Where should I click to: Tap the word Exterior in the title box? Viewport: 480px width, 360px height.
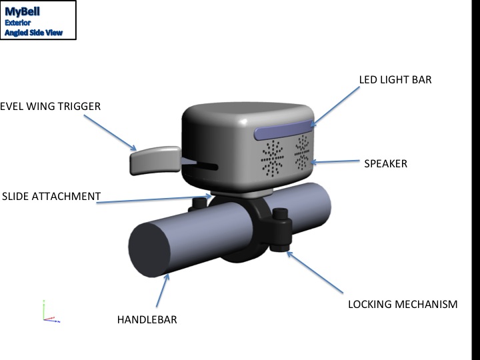tap(18, 23)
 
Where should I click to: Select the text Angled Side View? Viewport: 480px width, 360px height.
tap(33, 33)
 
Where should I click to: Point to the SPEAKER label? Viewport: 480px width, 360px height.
tap(385, 163)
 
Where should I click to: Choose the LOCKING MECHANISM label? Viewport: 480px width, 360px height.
tap(403, 305)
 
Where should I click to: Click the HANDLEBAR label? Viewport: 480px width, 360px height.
tap(147, 320)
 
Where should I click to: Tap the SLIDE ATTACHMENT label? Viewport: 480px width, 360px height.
tap(51, 197)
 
